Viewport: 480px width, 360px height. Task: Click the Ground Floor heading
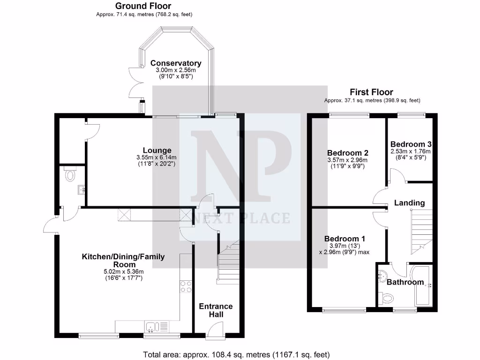143,6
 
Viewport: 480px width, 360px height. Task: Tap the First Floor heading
371,92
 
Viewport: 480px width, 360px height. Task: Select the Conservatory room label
175,63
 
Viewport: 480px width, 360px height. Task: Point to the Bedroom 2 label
347,153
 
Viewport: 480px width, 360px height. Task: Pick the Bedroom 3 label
411,144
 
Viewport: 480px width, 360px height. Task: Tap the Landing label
409,203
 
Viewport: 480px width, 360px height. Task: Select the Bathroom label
405,282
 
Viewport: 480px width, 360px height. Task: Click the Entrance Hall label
216,310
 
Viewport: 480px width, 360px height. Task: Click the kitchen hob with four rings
186,286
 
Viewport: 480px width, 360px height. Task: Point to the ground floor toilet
70,175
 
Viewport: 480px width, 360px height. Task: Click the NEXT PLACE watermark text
240,218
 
